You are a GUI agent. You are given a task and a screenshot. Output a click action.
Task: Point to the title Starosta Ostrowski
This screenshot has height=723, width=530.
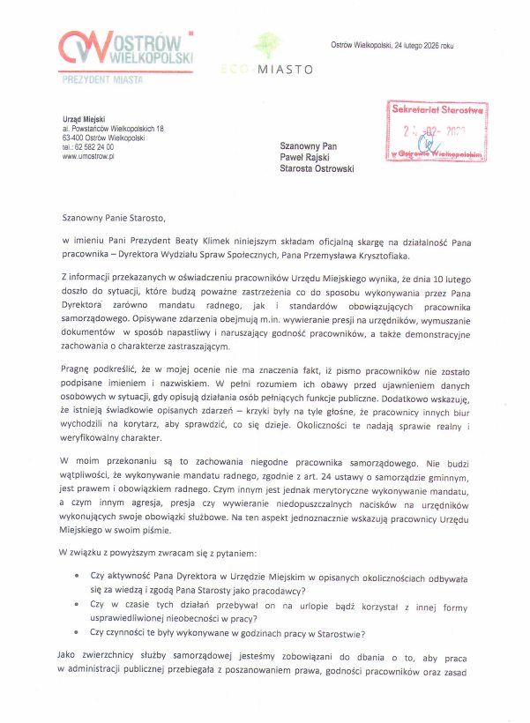point(317,168)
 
